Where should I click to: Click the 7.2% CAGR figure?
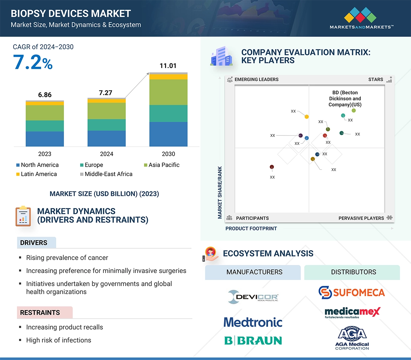[x=33, y=62]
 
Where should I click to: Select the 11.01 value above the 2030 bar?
[x=168, y=66]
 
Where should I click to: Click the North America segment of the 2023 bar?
[x=45, y=139]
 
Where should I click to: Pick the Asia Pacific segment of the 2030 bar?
[x=168, y=92]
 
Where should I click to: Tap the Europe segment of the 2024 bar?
[x=106, y=125]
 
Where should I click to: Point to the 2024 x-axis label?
[x=106, y=154]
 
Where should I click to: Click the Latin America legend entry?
[x=36, y=174]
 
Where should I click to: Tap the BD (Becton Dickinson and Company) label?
[x=345, y=99]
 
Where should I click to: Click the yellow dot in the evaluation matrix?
[x=307, y=116]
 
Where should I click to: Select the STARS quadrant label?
[x=376, y=79]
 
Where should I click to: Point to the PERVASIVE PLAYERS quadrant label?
[x=361, y=218]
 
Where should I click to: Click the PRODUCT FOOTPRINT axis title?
[x=251, y=228]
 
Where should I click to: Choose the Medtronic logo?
[x=253, y=322]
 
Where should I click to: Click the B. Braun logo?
[x=253, y=340]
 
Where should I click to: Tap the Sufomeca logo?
[x=352, y=292]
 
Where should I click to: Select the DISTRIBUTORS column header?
[x=353, y=272]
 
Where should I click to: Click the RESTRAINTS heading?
[x=40, y=313]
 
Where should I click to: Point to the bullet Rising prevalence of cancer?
[x=67, y=258]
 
